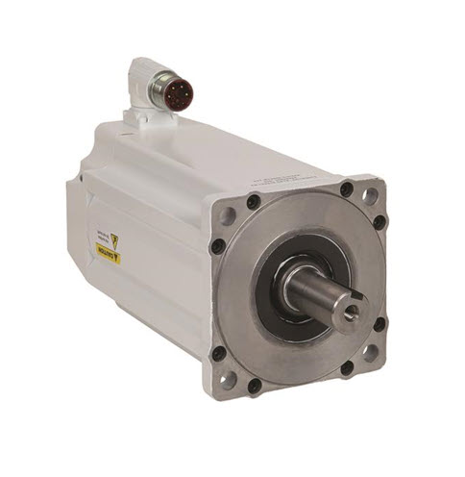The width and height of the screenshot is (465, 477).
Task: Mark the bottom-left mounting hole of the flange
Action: (228, 379)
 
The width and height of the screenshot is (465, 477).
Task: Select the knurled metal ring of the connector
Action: (167, 92)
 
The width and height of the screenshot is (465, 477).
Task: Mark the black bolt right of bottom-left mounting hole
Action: (254, 386)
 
